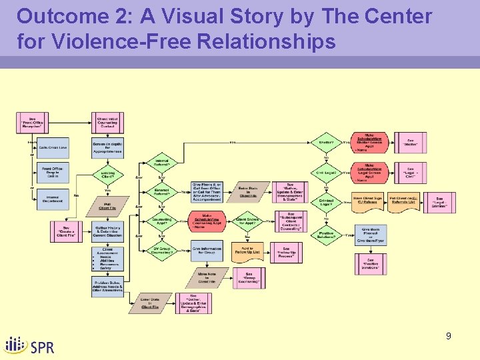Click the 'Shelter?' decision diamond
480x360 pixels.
click(x=327, y=142)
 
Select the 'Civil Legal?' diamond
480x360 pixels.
click(x=327, y=173)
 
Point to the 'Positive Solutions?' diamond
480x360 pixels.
click(x=327, y=235)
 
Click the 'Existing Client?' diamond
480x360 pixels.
click(x=108, y=176)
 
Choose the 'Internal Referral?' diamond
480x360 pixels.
click(x=162, y=163)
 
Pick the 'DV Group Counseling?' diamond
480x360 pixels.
click(x=162, y=251)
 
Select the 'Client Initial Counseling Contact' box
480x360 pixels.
click(x=107, y=122)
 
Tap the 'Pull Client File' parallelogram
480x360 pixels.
click(x=107, y=206)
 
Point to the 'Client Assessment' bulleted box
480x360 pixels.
click(x=107, y=259)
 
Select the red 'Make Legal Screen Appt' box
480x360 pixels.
click(x=369, y=171)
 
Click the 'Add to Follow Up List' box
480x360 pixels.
click(x=247, y=251)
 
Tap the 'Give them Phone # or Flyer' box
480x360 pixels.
click(x=371, y=233)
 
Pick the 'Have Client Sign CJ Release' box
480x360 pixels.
click(x=369, y=199)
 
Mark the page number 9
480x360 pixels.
click(x=449, y=336)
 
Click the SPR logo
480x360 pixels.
click(x=30, y=345)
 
